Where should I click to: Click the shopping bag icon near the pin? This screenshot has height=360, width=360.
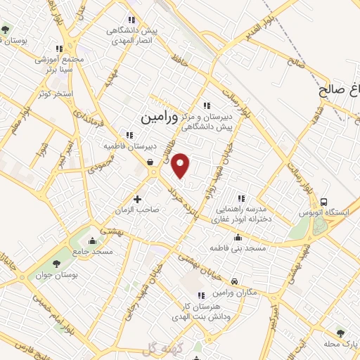coord(150,162)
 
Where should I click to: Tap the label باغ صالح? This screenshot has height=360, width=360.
coord(340,91)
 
